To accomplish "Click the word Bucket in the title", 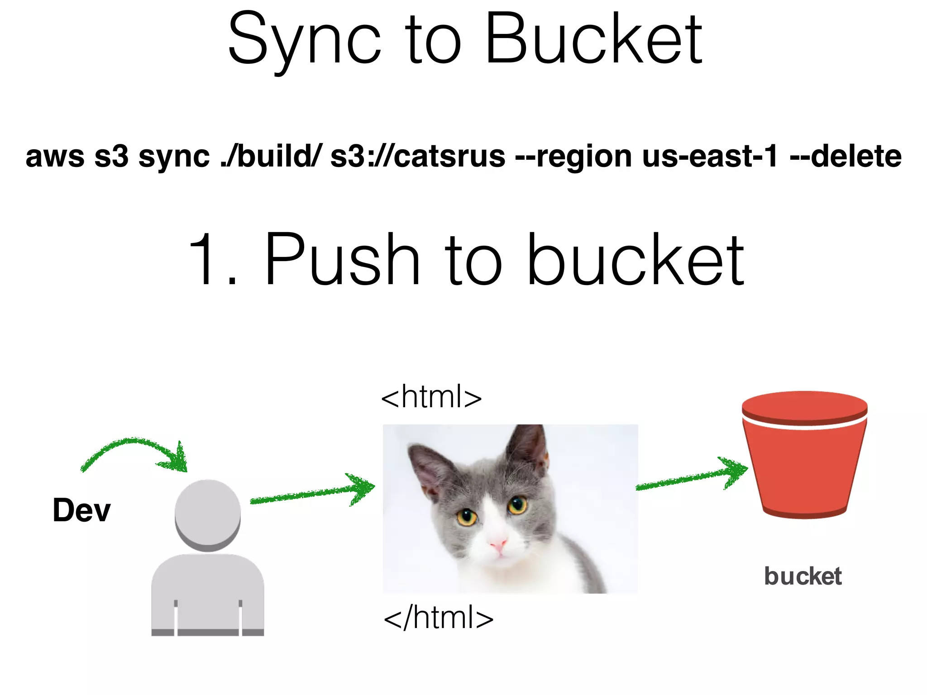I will tap(593, 40).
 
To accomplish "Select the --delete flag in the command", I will tap(846, 157).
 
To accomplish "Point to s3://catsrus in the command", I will tap(417, 157).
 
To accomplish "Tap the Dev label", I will tap(81, 510).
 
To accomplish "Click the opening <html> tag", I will tap(431, 397).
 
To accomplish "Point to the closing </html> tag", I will tap(438, 618).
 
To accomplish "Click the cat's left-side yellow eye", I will tap(467, 516).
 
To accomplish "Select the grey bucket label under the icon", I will tap(803, 576).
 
